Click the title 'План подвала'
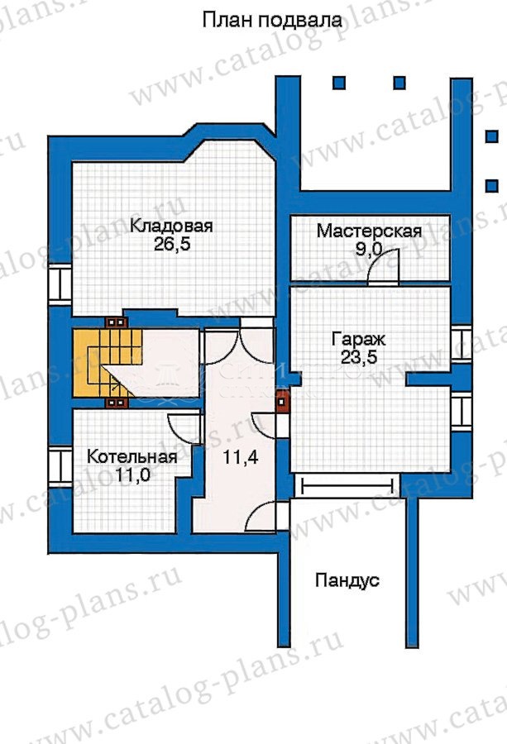point(272,21)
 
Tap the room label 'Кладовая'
point(171,226)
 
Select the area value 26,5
point(171,245)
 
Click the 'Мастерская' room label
point(369,231)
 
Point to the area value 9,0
point(369,249)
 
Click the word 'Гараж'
point(358,339)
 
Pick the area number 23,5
point(358,357)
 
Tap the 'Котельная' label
point(132,457)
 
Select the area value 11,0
point(132,475)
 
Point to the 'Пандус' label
point(347,580)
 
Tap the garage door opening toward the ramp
point(347,486)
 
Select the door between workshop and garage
point(384,268)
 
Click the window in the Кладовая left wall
point(60,284)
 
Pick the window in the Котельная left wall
point(60,466)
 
